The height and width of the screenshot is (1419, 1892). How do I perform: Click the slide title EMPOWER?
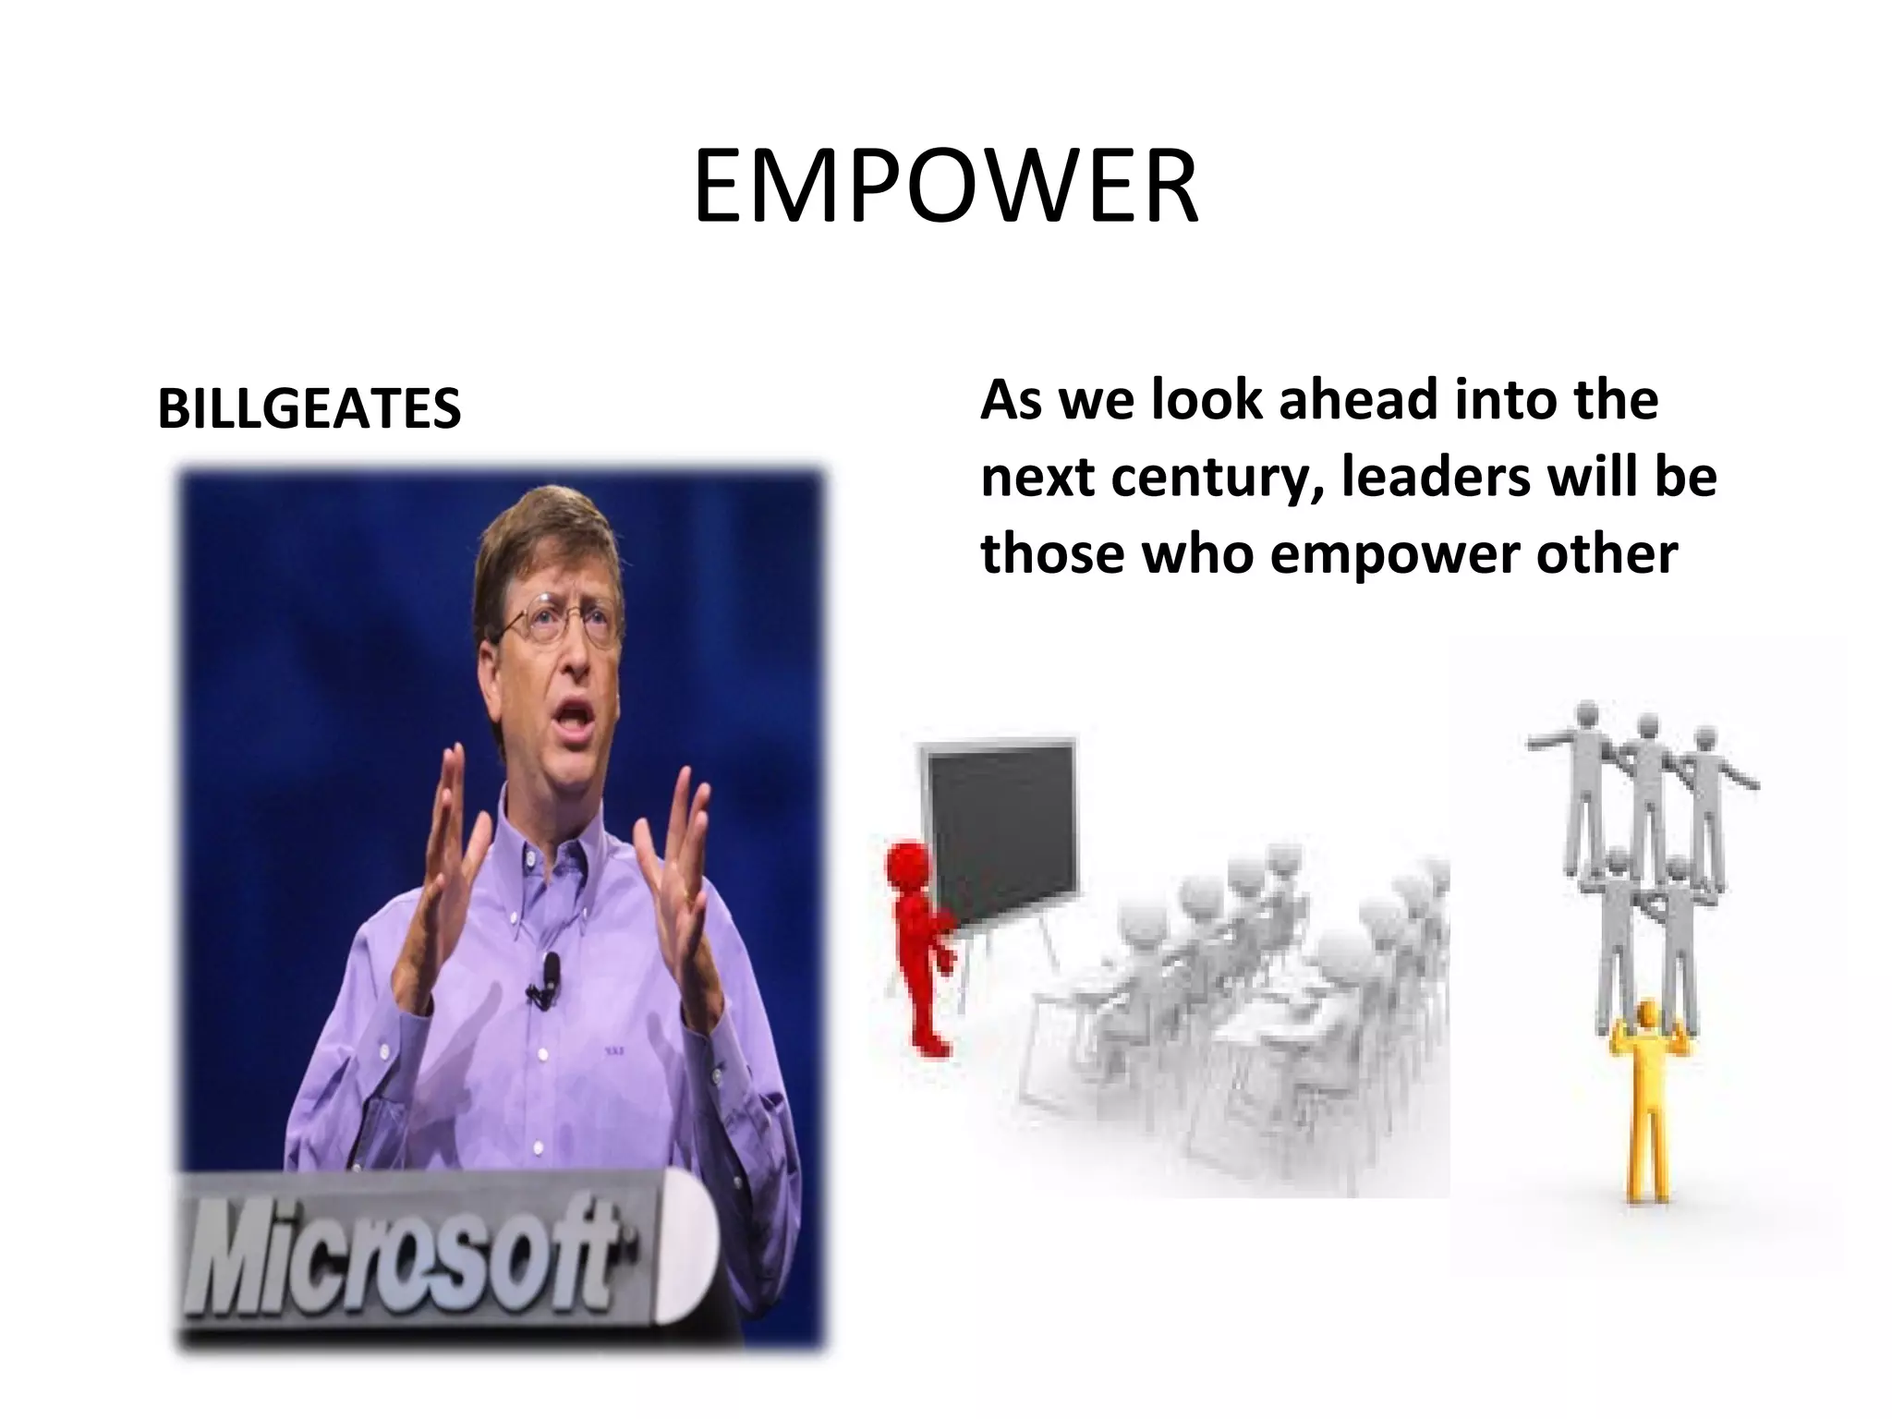coord(945,190)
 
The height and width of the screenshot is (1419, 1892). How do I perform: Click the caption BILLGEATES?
coord(309,408)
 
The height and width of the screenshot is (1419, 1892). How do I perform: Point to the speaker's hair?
coord(545,536)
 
